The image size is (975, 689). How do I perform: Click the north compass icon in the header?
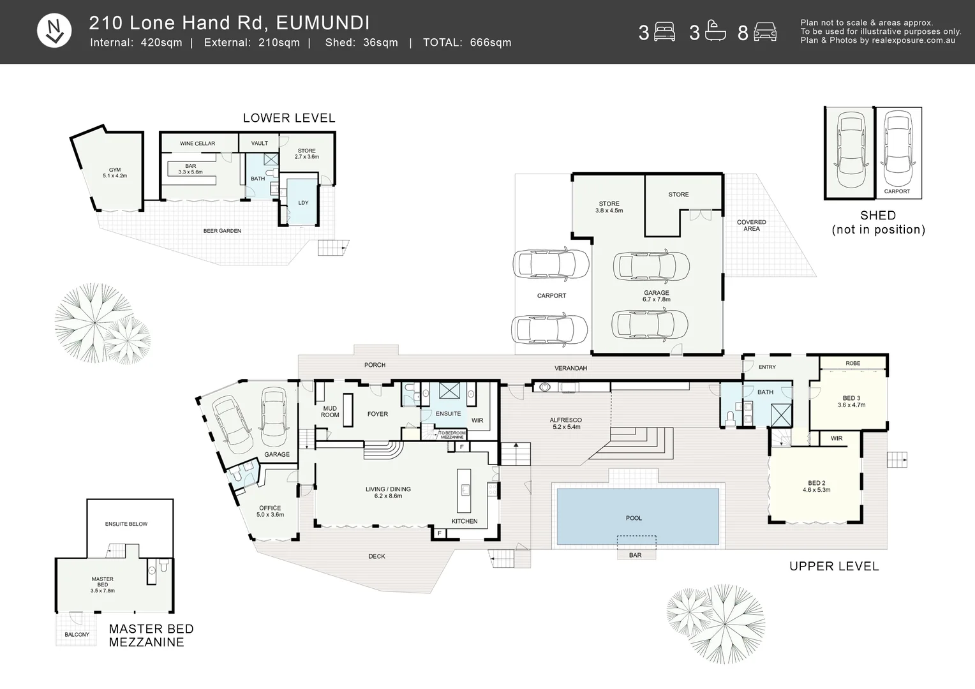coord(54,31)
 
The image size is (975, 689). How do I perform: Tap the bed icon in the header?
coord(664,32)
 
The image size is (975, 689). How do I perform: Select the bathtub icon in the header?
coord(715,31)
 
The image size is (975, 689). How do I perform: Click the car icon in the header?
coord(765,32)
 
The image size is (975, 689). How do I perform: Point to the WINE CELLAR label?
coord(198,143)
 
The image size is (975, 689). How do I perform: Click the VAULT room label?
coord(260,143)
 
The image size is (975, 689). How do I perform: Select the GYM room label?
coord(115,170)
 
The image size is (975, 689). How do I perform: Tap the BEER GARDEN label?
coord(222,231)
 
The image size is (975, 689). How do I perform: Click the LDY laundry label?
coord(303,203)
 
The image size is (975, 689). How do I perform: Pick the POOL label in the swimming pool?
coord(634,518)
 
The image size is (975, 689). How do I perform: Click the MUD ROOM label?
coord(330,411)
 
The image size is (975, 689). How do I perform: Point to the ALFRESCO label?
coord(566,420)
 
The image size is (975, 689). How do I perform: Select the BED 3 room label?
coord(852,398)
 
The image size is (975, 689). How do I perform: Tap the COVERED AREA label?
coord(752,225)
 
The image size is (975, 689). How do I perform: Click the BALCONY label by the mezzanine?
coord(77,635)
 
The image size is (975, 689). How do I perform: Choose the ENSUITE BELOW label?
coord(126,524)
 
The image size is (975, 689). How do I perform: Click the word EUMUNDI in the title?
coord(323,23)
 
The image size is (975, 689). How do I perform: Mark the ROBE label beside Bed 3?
coord(853,363)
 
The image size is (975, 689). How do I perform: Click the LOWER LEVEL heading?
coord(289,118)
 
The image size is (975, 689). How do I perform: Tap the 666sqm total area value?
coord(491,43)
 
